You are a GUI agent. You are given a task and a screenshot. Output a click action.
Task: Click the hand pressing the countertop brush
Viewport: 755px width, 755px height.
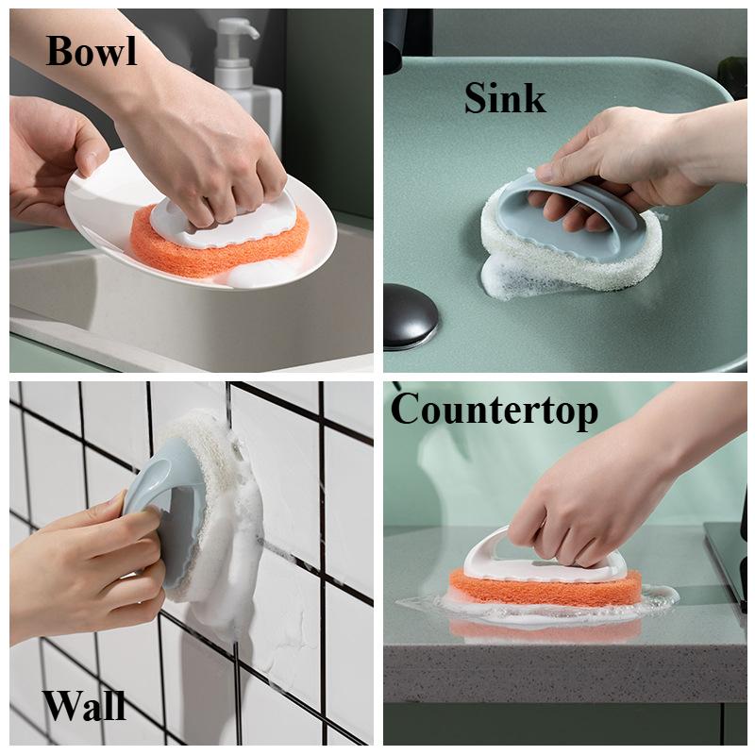pyautogui.click(x=566, y=491)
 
